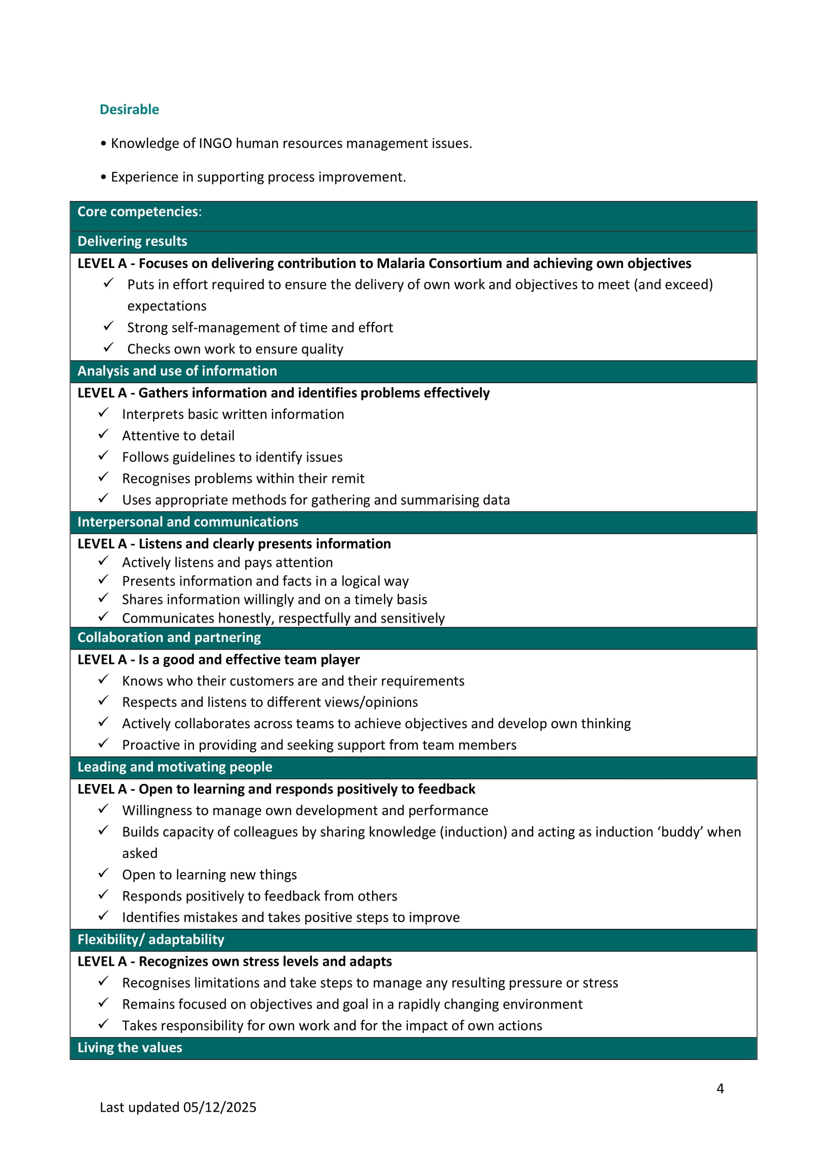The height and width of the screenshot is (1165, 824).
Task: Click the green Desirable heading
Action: pos(129,110)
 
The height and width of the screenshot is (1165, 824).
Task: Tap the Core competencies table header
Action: pos(139,212)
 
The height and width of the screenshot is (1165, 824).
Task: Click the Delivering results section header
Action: pos(132,241)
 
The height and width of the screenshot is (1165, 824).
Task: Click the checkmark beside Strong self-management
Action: pos(108,326)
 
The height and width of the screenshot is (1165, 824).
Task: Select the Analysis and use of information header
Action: pos(177,371)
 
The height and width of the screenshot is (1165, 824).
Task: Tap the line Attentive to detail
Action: pos(178,436)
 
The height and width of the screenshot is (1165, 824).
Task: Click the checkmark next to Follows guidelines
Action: pos(103,456)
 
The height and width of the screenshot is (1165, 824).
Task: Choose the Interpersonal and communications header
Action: pos(188,521)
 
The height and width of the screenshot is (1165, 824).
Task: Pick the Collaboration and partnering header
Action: pos(169,638)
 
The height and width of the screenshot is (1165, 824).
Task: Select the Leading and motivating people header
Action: pos(174,767)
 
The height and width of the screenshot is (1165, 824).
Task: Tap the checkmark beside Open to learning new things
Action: pos(103,873)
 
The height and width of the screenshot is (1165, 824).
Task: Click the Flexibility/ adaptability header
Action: pos(150,939)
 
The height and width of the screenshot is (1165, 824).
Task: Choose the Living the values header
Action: pos(130,1047)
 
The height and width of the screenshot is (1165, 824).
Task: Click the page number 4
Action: pos(719,1088)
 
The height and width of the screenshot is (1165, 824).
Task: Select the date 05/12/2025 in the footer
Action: pos(220,1107)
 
